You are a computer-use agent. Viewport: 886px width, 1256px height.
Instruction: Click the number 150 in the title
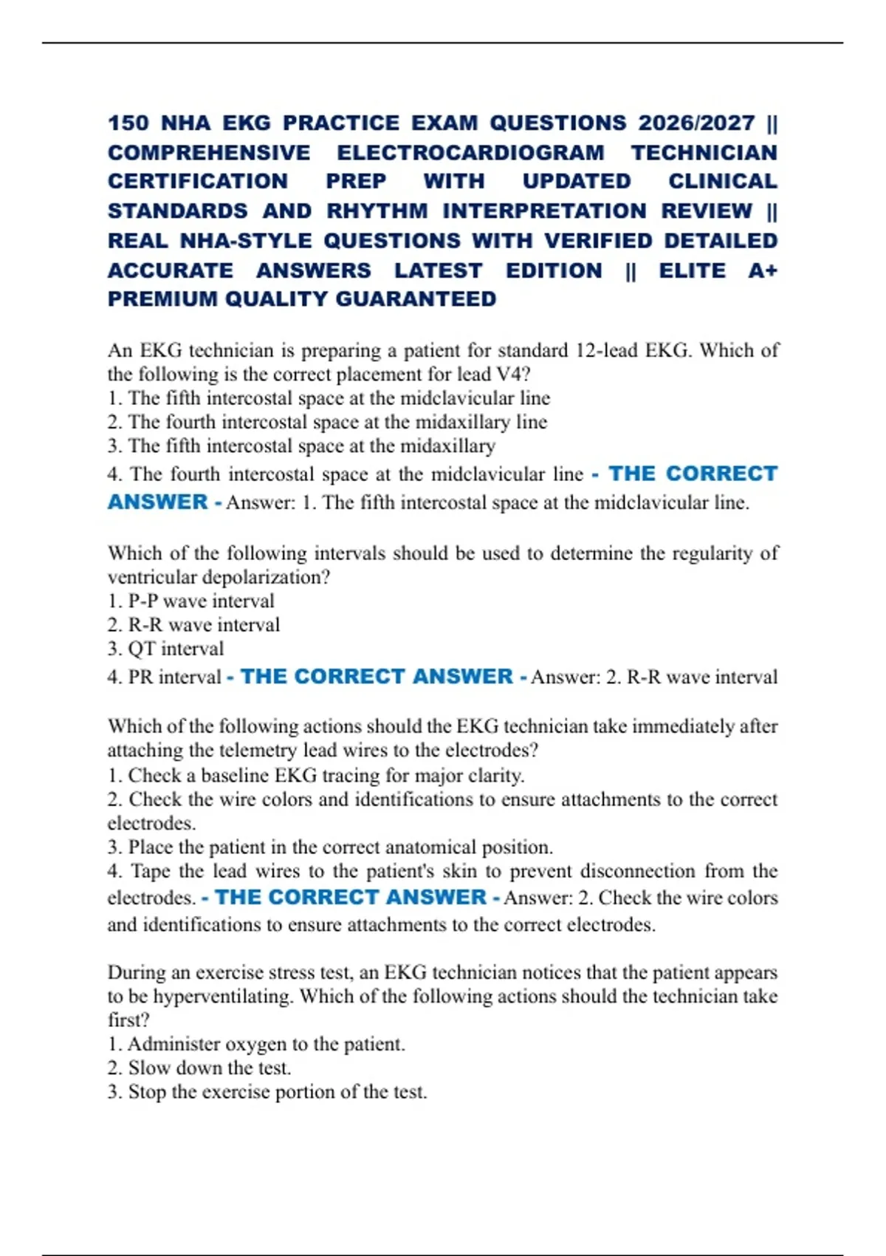pyautogui.click(x=128, y=123)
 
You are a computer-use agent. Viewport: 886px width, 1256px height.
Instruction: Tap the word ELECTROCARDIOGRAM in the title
pyautogui.click(x=470, y=153)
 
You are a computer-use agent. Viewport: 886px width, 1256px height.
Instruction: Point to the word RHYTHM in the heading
pyautogui.click(x=377, y=211)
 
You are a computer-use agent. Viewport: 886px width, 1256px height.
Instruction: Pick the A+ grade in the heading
pyautogui.click(x=762, y=271)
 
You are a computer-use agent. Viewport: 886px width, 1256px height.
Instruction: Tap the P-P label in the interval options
pyautogui.click(x=142, y=601)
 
